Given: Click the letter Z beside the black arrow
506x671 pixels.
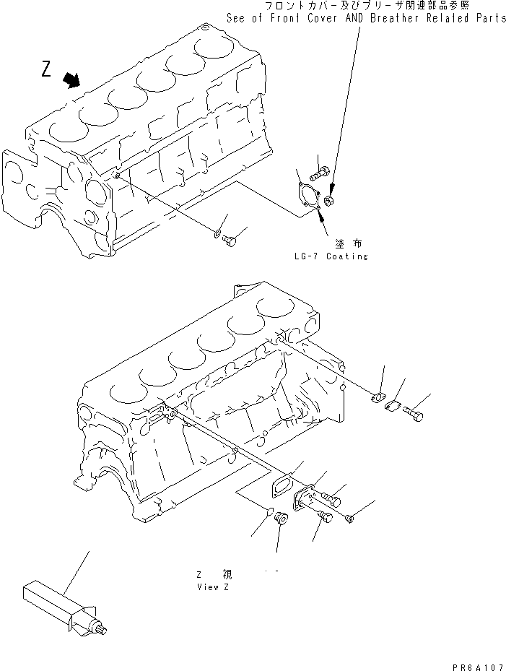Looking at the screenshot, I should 46,69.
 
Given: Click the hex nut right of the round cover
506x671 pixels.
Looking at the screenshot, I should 328,201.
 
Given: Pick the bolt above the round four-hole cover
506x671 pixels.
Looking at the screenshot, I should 320,174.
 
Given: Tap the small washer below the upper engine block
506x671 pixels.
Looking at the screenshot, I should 217,233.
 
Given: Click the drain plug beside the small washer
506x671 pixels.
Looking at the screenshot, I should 230,240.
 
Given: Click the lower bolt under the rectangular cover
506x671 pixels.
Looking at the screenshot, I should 323,516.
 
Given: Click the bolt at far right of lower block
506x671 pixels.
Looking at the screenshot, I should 414,415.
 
